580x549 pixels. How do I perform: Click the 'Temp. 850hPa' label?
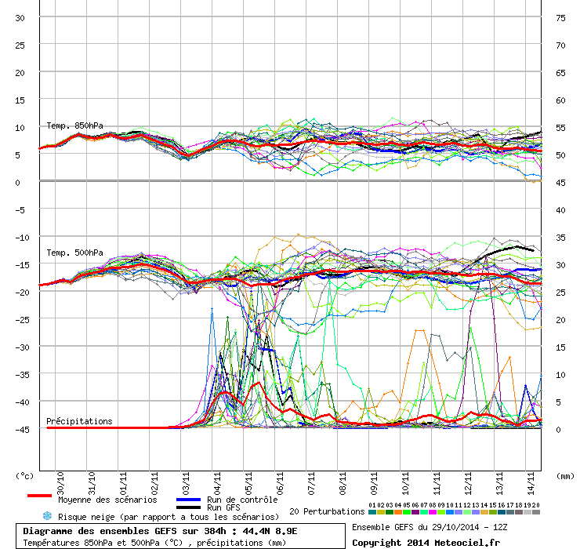click(74, 125)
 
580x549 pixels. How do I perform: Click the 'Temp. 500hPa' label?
click(74, 253)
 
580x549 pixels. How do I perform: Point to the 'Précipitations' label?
click(79, 421)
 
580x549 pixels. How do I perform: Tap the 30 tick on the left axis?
click(21, 18)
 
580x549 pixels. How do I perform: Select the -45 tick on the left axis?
click(21, 429)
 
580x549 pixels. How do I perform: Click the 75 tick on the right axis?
click(560, 18)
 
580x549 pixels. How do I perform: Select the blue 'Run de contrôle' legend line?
click(188, 500)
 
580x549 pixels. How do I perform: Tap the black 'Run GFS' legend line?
click(188, 507)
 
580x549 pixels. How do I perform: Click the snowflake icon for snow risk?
click(47, 516)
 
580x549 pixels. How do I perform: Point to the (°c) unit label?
click(26, 475)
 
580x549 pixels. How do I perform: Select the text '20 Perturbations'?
click(327, 511)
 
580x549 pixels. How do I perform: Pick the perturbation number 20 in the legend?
click(536, 505)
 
